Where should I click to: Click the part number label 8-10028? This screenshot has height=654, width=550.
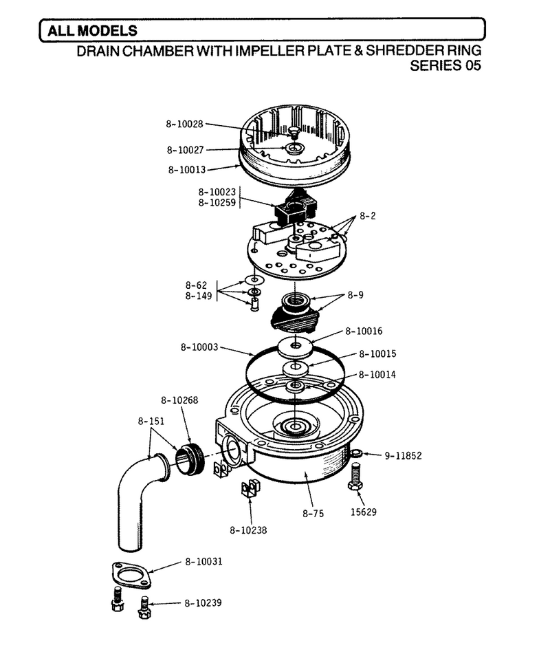click(184, 124)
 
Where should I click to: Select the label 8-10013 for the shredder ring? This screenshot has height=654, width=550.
click(187, 170)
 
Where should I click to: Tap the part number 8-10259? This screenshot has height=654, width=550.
click(217, 203)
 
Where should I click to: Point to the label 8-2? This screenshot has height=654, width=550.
click(367, 216)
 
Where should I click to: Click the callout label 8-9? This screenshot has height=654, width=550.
click(355, 295)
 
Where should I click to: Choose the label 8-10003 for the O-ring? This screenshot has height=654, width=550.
click(199, 347)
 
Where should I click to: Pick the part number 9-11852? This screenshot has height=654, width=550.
click(403, 456)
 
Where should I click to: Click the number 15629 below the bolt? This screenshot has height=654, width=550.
click(363, 512)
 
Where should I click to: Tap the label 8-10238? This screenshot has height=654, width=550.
click(248, 530)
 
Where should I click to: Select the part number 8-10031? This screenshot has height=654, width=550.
click(203, 562)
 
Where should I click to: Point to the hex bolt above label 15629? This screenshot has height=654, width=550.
click(355, 478)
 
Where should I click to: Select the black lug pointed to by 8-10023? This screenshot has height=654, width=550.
click(294, 206)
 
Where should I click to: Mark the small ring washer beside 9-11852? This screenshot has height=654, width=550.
click(357, 453)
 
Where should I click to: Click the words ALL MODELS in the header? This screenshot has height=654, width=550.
click(92, 31)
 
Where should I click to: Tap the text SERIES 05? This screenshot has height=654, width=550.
click(445, 65)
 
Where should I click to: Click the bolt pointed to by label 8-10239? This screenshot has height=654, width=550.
click(144, 607)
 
